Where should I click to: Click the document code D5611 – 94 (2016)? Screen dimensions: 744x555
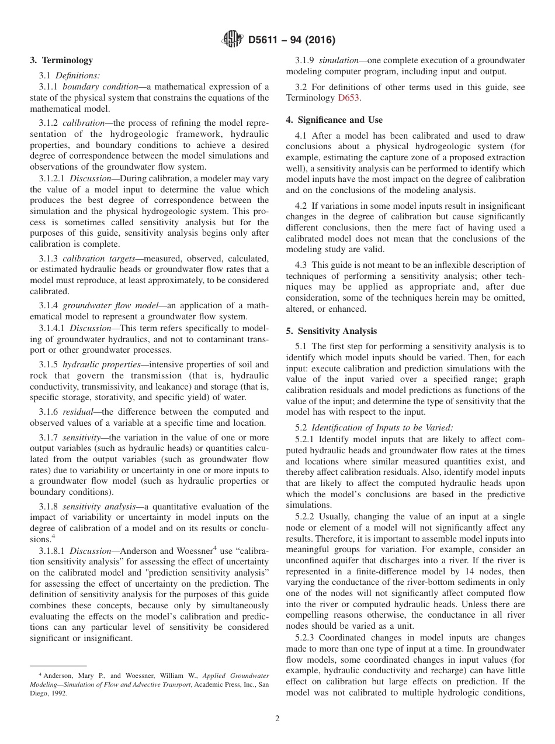click(x=292, y=40)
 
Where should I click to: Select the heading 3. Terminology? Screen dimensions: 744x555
click(x=61, y=60)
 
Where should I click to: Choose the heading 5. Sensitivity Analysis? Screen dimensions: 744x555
click(x=331, y=331)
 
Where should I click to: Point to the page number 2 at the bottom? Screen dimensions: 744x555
click(x=277, y=719)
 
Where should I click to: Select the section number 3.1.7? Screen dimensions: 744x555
click(x=48, y=438)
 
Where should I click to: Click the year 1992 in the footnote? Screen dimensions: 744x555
click(x=57, y=693)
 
